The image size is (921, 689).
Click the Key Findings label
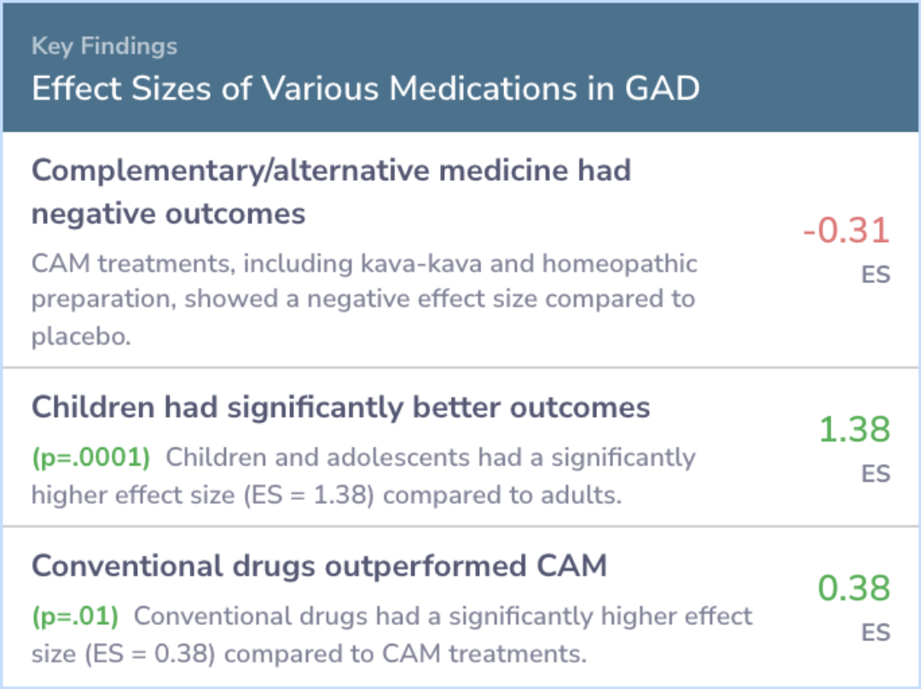point(104,46)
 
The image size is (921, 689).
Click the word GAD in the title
point(662,88)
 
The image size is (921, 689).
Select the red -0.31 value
point(847,229)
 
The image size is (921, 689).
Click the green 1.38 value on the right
point(854,429)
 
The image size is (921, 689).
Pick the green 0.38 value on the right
point(854,588)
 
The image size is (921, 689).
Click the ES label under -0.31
point(876,275)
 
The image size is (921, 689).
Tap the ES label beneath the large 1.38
point(876,473)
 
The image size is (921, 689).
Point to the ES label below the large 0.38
point(876,632)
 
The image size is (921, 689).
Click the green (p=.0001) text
point(91,458)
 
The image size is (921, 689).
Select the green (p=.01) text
point(75,617)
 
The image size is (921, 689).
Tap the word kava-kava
point(421,263)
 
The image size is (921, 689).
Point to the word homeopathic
point(620,264)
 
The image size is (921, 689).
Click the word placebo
point(81,337)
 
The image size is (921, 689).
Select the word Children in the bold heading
point(94,407)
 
